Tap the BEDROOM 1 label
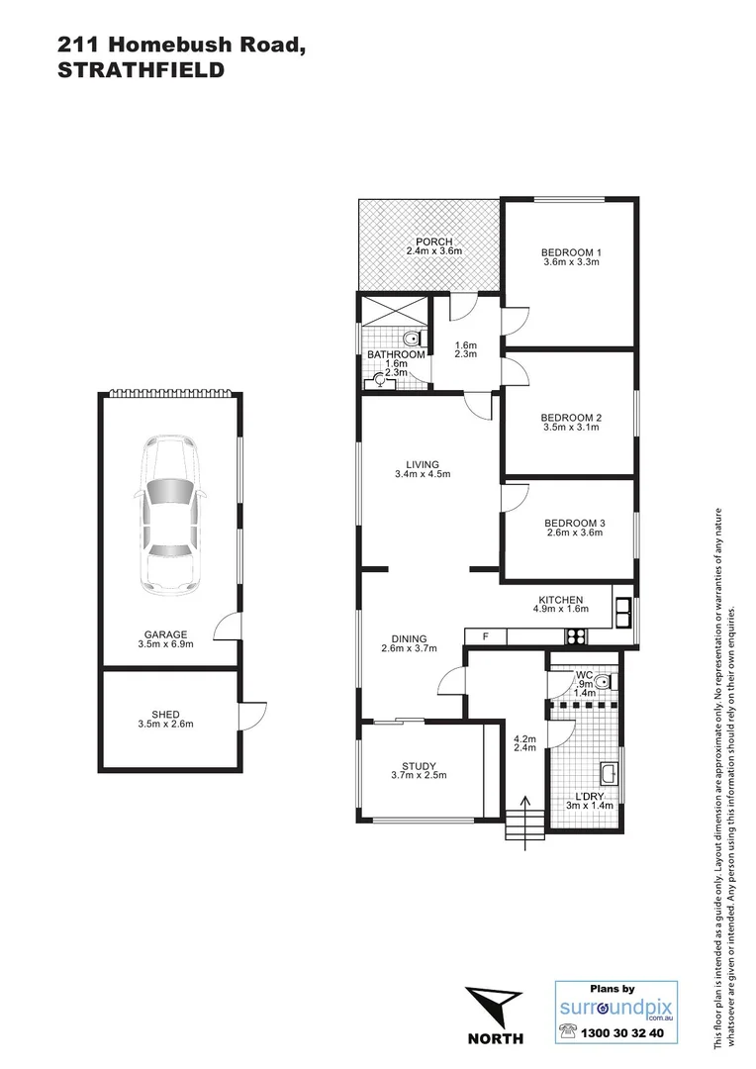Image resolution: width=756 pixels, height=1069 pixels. [572, 251]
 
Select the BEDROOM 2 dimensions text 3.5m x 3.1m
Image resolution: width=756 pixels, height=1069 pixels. [572, 429]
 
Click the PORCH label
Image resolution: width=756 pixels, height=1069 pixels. [433, 243]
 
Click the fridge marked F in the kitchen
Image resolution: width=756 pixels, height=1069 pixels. [485, 636]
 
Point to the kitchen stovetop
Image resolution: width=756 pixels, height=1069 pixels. [576, 635]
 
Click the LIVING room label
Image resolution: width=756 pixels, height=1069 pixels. [422, 464]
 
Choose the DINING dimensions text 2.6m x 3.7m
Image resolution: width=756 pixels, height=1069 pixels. [408, 649]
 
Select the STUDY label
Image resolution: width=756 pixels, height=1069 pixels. [419, 765]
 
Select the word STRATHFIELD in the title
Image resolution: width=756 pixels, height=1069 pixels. [141, 70]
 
